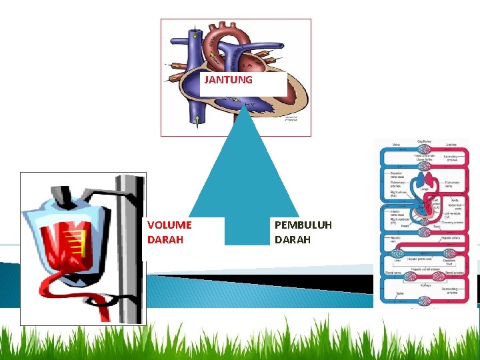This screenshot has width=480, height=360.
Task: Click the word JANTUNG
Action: tap(228, 80)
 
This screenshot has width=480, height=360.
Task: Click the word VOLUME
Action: tap(169, 225)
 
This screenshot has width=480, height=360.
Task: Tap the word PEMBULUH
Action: tap(303, 225)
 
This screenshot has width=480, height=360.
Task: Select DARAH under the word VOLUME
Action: tap(165, 239)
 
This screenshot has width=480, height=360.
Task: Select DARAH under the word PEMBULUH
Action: tap(293, 239)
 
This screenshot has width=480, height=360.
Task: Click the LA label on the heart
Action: tap(248, 66)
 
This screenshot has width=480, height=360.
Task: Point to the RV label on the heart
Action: tap(249, 105)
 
